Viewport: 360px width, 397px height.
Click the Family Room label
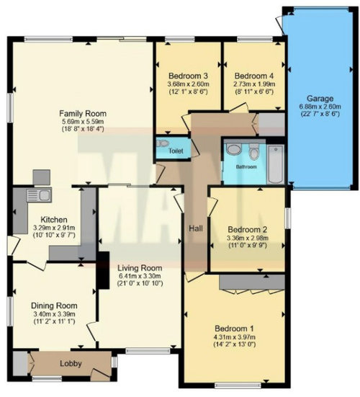pyautogui.click(x=83, y=113)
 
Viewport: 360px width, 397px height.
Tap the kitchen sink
pyautogui.click(x=39, y=195)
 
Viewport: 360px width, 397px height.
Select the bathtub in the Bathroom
pyautogui.click(x=275, y=164)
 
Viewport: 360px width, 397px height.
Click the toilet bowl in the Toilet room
pyautogui.click(x=163, y=143)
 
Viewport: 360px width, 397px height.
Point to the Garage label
pyautogui.click(x=320, y=98)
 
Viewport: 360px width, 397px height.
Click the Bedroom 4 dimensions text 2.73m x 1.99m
pyautogui.click(x=254, y=84)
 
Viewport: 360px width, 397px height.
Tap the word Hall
pyautogui.click(x=196, y=228)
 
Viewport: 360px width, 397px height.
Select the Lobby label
pyautogui.click(x=71, y=364)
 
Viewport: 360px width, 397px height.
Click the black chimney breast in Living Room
pyautogui.click(x=104, y=270)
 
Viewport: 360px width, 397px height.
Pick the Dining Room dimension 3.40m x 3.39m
pyautogui.click(x=54, y=314)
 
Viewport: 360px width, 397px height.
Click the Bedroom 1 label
pyautogui.click(x=234, y=329)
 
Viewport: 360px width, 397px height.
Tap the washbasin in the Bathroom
pyautogui.click(x=233, y=148)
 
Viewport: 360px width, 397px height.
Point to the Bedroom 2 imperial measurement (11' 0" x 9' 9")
pyautogui.click(x=248, y=245)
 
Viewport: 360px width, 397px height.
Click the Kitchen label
pyautogui.click(x=54, y=219)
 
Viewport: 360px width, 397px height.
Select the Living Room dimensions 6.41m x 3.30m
pyautogui.click(x=140, y=276)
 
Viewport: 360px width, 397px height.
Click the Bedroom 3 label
pyautogui.click(x=188, y=76)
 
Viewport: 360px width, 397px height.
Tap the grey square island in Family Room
pyautogui.click(x=42, y=177)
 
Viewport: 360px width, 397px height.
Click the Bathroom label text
pyautogui.click(x=246, y=167)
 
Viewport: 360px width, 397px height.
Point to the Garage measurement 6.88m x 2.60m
pyautogui.click(x=320, y=107)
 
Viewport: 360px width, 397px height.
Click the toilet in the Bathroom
pyautogui.click(x=253, y=151)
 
